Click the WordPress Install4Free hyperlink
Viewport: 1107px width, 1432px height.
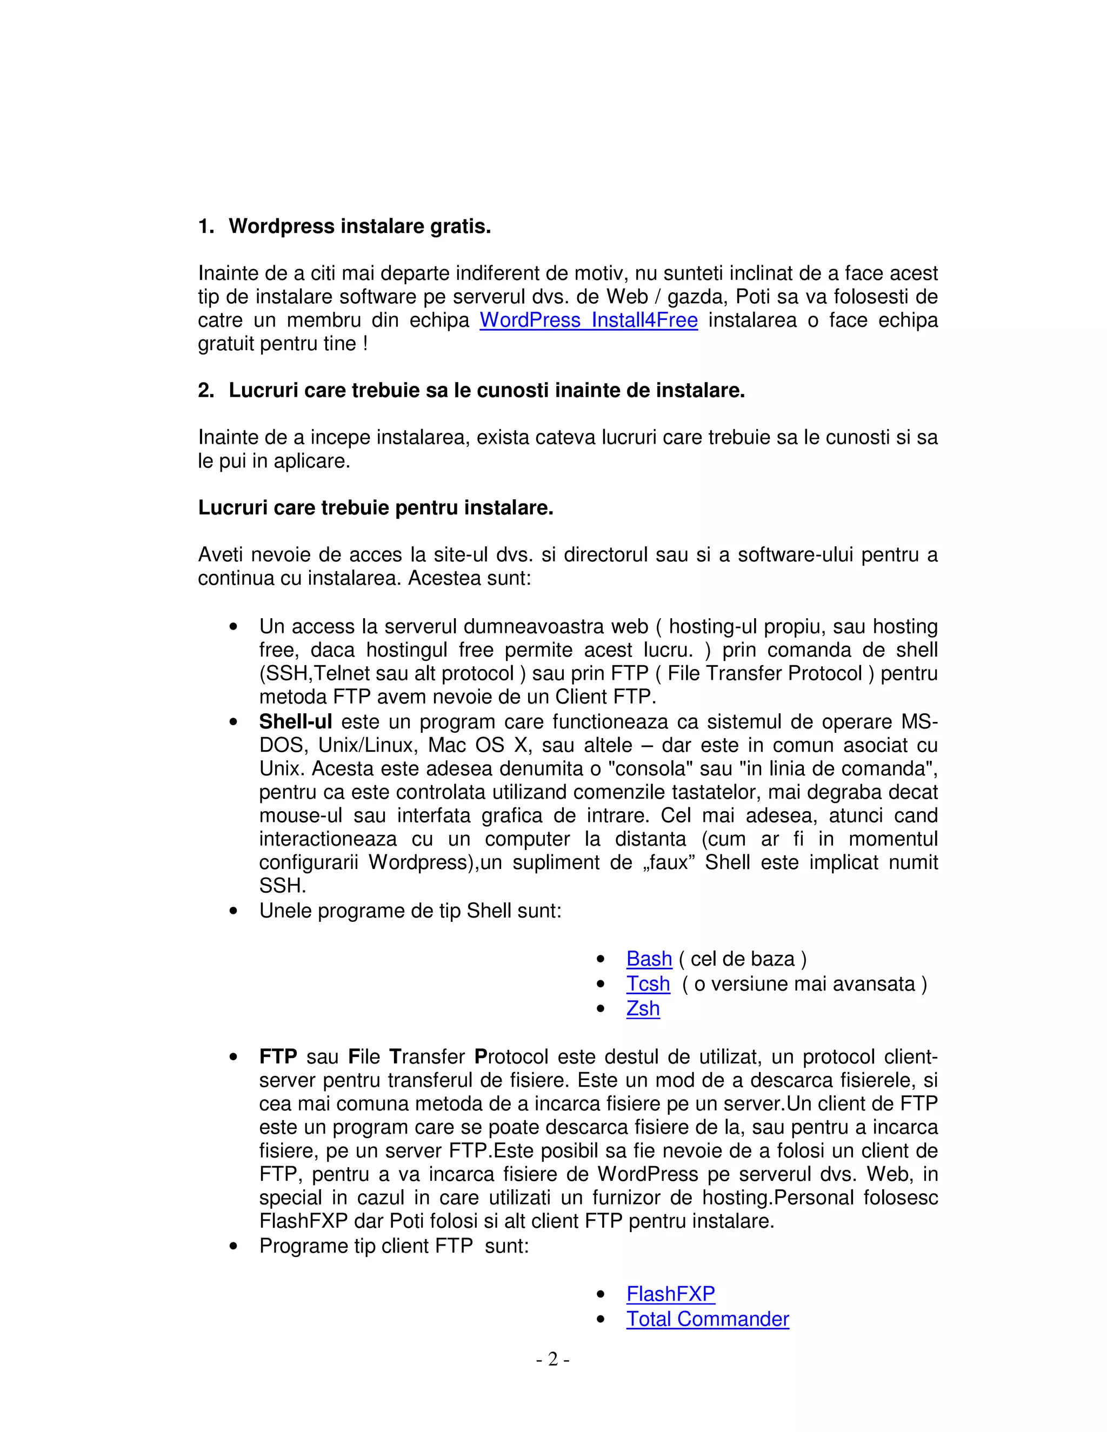click(588, 320)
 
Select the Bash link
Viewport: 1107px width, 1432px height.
click(649, 959)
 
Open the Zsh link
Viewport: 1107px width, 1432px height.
click(642, 1008)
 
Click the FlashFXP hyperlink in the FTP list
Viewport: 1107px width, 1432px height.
click(670, 1294)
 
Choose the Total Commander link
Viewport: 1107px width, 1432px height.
click(707, 1319)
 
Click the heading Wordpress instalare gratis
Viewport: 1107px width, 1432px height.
click(359, 227)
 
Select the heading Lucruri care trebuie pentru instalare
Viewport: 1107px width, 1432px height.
click(375, 508)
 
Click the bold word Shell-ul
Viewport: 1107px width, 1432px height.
click(295, 722)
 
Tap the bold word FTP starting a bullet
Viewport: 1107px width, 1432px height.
click(278, 1057)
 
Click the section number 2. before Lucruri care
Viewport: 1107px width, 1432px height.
click(205, 391)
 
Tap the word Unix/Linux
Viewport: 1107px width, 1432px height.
click(367, 746)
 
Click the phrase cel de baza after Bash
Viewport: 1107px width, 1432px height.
click(742, 959)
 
